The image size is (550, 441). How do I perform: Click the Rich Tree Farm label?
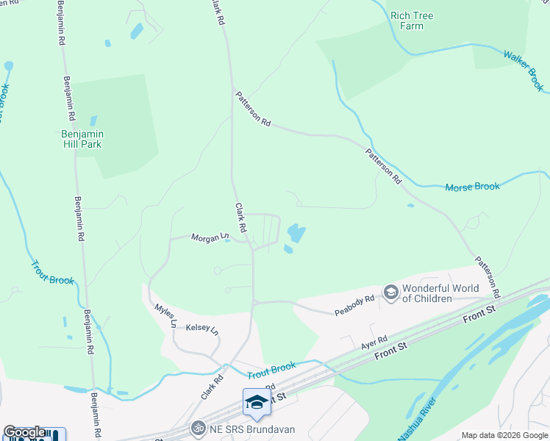coord(412,21)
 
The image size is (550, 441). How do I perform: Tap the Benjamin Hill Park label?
coord(82,139)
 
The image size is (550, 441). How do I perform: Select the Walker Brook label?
coord(524,71)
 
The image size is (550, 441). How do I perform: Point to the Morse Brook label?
coord(472,187)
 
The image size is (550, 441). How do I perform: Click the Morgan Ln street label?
coord(210,237)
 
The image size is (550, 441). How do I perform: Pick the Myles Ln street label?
coord(165,314)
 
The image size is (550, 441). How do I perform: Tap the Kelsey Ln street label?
coord(202,329)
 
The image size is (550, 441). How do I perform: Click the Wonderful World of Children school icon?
coord(390,293)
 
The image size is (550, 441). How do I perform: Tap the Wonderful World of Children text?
coord(440,293)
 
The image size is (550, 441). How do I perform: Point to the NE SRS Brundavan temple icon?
coord(196,427)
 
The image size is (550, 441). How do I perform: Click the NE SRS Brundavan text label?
coord(243,428)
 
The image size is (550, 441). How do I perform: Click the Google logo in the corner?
coord(24,432)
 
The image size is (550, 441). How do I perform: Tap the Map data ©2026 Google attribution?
coord(504,435)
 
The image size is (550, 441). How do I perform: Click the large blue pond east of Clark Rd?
coord(296,234)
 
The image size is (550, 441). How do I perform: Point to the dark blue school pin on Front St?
coord(256,401)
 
